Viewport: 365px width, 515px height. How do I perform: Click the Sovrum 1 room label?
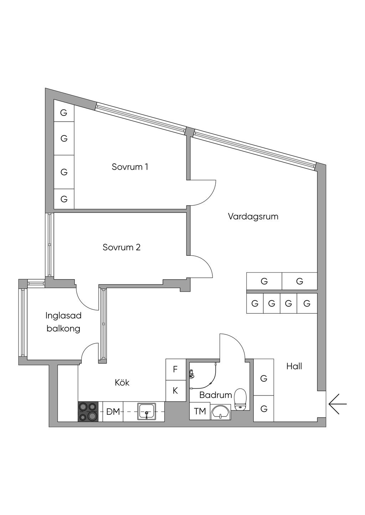click(130, 167)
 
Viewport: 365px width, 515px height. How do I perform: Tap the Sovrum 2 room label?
click(122, 247)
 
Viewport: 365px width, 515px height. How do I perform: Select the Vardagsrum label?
click(253, 216)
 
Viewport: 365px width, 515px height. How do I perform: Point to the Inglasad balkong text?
click(63, 322)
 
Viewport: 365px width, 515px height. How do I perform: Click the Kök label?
click(122, 383)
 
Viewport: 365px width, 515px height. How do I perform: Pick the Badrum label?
click(215, 395)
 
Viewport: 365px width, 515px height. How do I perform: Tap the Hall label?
click(294, 366)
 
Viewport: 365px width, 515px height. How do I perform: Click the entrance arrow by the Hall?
click(337, 404)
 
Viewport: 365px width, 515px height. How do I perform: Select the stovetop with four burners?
click(88, 412)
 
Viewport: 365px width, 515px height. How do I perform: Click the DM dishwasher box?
click(113, 412)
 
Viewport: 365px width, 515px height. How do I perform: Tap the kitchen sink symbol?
click(146, 412)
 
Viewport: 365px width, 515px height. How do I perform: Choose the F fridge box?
click(175, 370)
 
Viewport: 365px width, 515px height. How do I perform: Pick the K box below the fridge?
click(175, 391)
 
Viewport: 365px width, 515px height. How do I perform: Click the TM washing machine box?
click(200, 411)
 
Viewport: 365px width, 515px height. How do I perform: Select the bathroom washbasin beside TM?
click(221, 412)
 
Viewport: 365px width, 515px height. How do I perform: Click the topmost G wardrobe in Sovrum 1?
click(64, 113)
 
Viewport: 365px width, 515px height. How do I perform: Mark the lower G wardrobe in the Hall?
click(264, 409)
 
